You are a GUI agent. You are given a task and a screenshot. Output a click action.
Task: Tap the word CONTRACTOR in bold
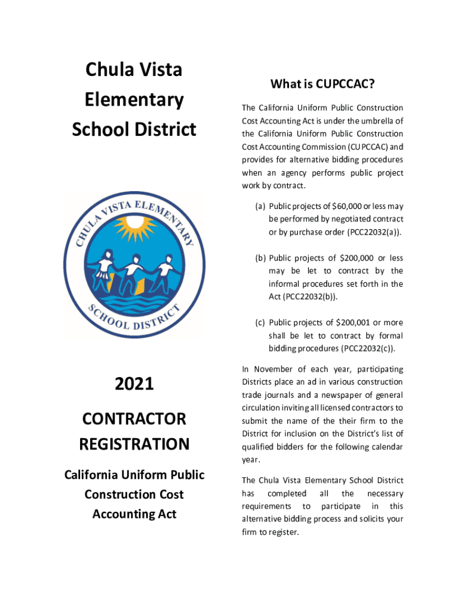pos(134,419)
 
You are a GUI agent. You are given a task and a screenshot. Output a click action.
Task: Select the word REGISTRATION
pos(134,444)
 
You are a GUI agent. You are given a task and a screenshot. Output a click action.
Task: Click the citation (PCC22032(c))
pos(365,349)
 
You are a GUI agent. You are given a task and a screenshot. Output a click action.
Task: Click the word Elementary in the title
pos(134,99)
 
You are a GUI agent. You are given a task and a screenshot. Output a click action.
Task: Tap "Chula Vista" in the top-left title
pos(134,70)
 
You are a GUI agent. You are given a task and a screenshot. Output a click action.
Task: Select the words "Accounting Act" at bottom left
pos(134,514)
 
